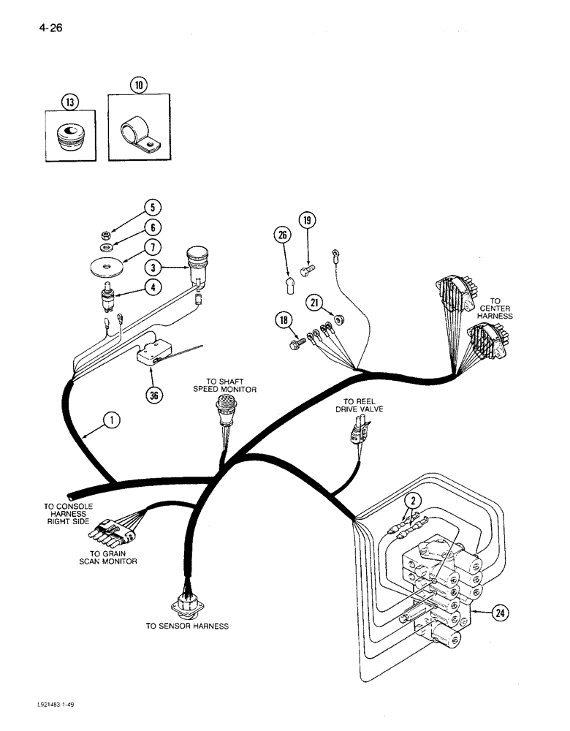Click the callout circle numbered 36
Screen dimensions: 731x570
(x=153, y=395)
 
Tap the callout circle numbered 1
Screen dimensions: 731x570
(x=110, y=420)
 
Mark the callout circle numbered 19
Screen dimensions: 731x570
(x=307, y=219)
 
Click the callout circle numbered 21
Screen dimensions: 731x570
(x=314, y=302)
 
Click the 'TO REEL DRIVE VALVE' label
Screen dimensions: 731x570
(x=364, y=406)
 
